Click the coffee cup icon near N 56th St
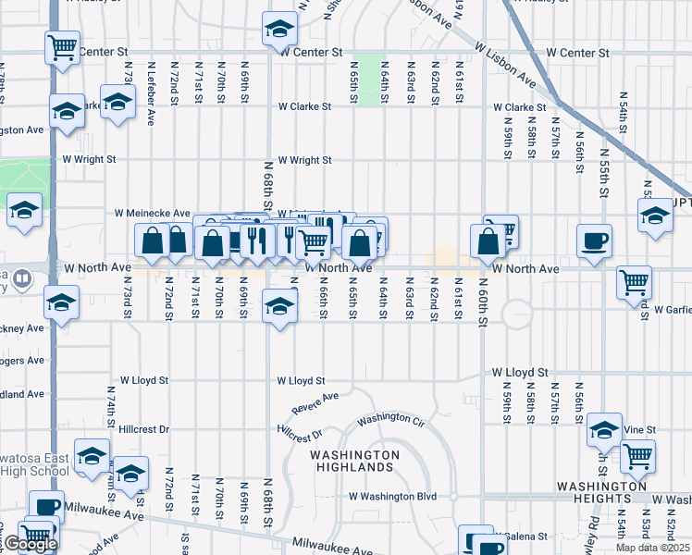tap(593, 240)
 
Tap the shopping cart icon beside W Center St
tap(62, 45)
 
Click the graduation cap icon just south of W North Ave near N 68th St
tap(278, 306)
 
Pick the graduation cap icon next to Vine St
tap(604, 429)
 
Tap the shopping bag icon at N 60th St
tap(488, 241)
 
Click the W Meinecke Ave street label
tap(152, 213)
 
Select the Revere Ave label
tap(315, 402)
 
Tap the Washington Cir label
tap(390, 419)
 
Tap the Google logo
tap(31, 544)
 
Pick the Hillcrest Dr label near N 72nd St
tap(144, 430)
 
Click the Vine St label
tap(639, 430)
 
